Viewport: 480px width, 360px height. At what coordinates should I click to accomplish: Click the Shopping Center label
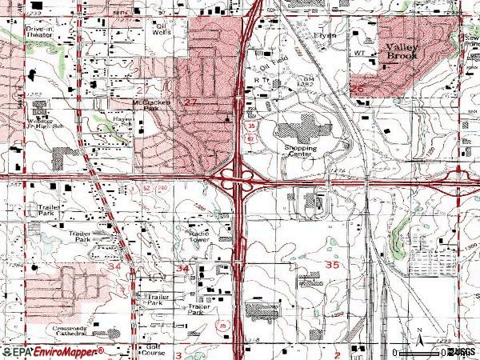(300, 151)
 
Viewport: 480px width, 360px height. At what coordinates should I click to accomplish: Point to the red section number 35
(331, 262)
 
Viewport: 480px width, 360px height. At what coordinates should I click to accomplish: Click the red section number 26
(358, 88)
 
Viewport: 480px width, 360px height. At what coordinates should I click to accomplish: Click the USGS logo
(460, 351)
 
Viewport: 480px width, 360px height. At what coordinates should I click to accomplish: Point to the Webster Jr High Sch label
(38, 122)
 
